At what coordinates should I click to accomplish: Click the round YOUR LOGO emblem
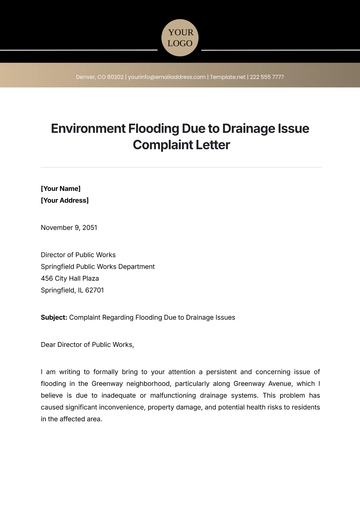coord(180,37)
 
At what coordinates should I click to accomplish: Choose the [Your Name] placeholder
coord(61,188)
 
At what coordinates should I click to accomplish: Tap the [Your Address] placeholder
coord(65,200)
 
